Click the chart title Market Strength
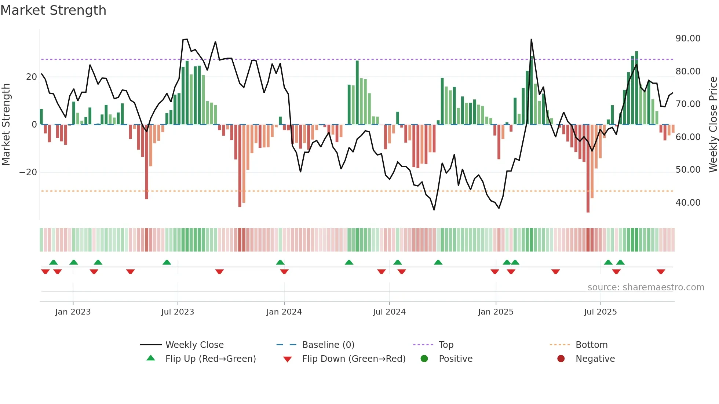tap(53, 10)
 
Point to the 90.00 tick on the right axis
tap(688, 38)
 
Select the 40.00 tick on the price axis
tap(688, 203)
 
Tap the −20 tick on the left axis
tap(28, 172)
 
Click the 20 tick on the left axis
tap(32, 77)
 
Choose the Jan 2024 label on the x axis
tap(284, 312)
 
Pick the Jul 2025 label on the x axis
tap(600, 312)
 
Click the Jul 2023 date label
tap(178, 312)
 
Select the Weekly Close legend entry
tap(194, 345)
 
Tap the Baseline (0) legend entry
tap(328, 345)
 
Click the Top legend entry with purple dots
tap(446, 345)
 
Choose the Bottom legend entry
tap(591, 345)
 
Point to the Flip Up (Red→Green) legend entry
tap(210, 359)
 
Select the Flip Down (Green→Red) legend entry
tap(354, 359)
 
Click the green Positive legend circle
tap(424, 359)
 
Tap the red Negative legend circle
tap(561, 359)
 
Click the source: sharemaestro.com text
tap(646, 287)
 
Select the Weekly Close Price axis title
tap(713, 125)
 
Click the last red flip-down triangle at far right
tap(661, 272)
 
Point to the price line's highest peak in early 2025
tap(531, 39)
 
